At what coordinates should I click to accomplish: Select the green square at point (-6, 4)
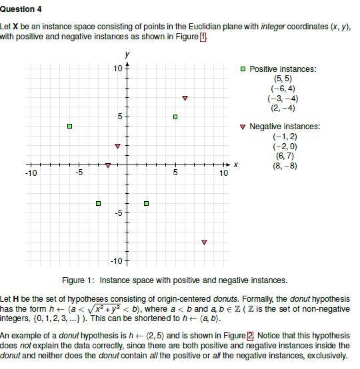pyautogui.click(x=69, y=126)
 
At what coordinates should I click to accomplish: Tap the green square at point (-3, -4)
pyautogui.click(x=98, y=203)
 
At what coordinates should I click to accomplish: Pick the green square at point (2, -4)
pyautogui.click(x=146, y=203)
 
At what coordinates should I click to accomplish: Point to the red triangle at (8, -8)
pyautogui.click(x=204, y=242)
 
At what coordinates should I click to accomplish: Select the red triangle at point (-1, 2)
pyautogui.click(x=117, y=145)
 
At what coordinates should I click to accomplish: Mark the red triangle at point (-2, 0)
pyautogui.click(x=108, y=165)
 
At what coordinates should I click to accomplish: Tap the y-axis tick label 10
pyautogui.click(x=117, y=69)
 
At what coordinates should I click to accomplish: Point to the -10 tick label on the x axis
pyautogui.click(x=31, y=173)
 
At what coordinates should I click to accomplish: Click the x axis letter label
pyautogui.click(x=236, y=165)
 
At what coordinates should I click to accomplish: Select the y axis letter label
pyautogui.click(x=127, y=54)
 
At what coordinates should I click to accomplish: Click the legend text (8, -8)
pyautogui.click(x=285, y=165)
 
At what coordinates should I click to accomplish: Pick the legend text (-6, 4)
pyautogui.click(x=283, y=89)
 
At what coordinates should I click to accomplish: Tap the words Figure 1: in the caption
pyautogui.click(x=79, y=280)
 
